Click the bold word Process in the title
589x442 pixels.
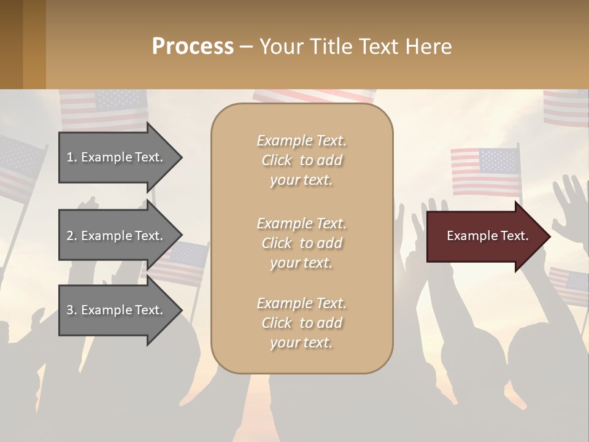point(193,47)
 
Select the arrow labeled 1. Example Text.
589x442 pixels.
point(117,157)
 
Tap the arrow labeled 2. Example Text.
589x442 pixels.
point(117,236)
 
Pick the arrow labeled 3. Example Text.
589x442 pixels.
point(117,310)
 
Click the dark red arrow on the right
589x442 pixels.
point(485,236)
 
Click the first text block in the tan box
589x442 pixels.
point(301,160)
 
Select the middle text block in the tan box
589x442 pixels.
point(301,243)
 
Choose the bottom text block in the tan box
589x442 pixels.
point(301,323)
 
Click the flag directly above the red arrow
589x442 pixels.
point(485,172)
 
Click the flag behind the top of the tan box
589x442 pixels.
point(313,96)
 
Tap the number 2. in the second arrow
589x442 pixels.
point(71,236)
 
